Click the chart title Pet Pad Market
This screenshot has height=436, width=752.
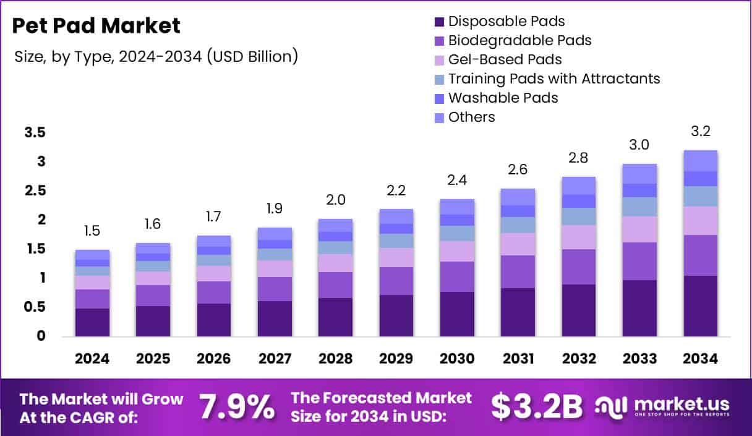[96, 26]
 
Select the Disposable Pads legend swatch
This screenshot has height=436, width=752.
[439, 22]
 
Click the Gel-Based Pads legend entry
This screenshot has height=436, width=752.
[505, 60]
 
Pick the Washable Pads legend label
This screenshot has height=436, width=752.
[503, 98]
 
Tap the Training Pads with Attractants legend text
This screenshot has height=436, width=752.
[554, 79]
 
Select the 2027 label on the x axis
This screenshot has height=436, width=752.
[275, 359]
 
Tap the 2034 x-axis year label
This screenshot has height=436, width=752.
[700, 359]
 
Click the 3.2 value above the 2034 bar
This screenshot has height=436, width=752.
[700, 131]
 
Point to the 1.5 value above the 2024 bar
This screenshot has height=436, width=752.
[92, 231]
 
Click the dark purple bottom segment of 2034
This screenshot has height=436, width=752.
[700, 306]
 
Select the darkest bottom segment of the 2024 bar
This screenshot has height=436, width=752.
[92, 322]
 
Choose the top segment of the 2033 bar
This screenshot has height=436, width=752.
[639, 174]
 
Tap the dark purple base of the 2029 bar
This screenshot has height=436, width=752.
[396, 315]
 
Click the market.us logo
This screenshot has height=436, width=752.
[662, 406]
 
